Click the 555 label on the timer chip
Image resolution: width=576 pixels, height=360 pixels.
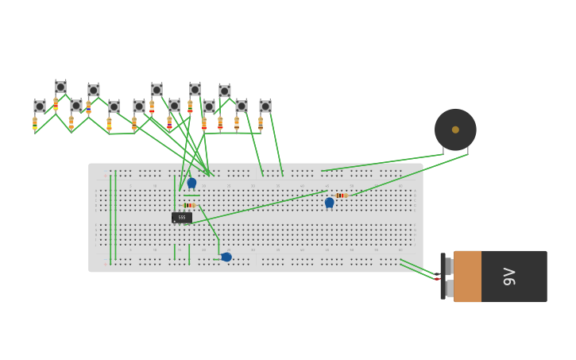click(x=182, y=217)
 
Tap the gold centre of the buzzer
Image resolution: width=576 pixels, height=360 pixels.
click(x=455, y=130)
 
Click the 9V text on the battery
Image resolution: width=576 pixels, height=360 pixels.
click(x=509, y=277)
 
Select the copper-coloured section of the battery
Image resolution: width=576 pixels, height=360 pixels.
click(x=467, y=277)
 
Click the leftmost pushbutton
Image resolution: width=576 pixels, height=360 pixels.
click(x=40, y=106)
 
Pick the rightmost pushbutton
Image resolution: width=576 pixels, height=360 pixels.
click(x=265, y=106)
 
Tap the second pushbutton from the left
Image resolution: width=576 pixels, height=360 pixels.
click(x=60, y=87)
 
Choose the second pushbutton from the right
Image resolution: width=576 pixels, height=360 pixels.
click(x=241, y=106)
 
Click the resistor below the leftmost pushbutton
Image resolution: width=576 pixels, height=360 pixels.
click(x=35, y=123)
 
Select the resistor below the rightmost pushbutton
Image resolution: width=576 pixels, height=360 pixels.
click(x=261, y=123)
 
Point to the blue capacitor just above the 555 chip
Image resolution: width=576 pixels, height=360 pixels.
click(x=191, y=183)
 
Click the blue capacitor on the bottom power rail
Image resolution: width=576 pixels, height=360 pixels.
click(x=226, y=257)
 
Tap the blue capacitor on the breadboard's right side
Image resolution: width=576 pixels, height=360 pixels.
click(x=329, y=203)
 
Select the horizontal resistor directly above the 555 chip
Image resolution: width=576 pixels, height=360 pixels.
click(x=189, y=205)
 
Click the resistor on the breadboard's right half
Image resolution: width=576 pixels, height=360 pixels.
click(x=341, y=195)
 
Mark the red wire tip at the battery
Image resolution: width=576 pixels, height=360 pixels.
click(x=437, y=279)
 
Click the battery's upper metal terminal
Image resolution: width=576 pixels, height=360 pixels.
click(x=449, y=266)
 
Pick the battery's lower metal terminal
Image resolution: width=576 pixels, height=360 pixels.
click(x=449, y=288)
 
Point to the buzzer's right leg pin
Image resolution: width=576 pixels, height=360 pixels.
click(x=467, y=151)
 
